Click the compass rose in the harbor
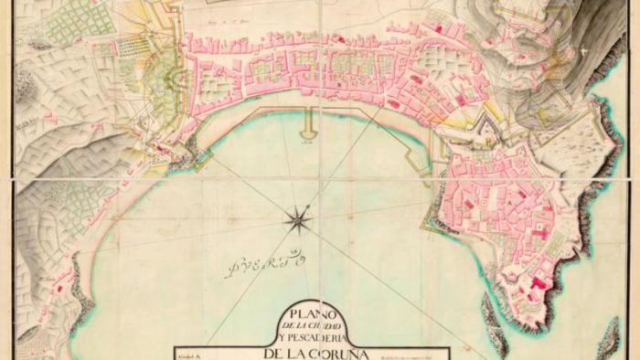(x=297, y=218)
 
